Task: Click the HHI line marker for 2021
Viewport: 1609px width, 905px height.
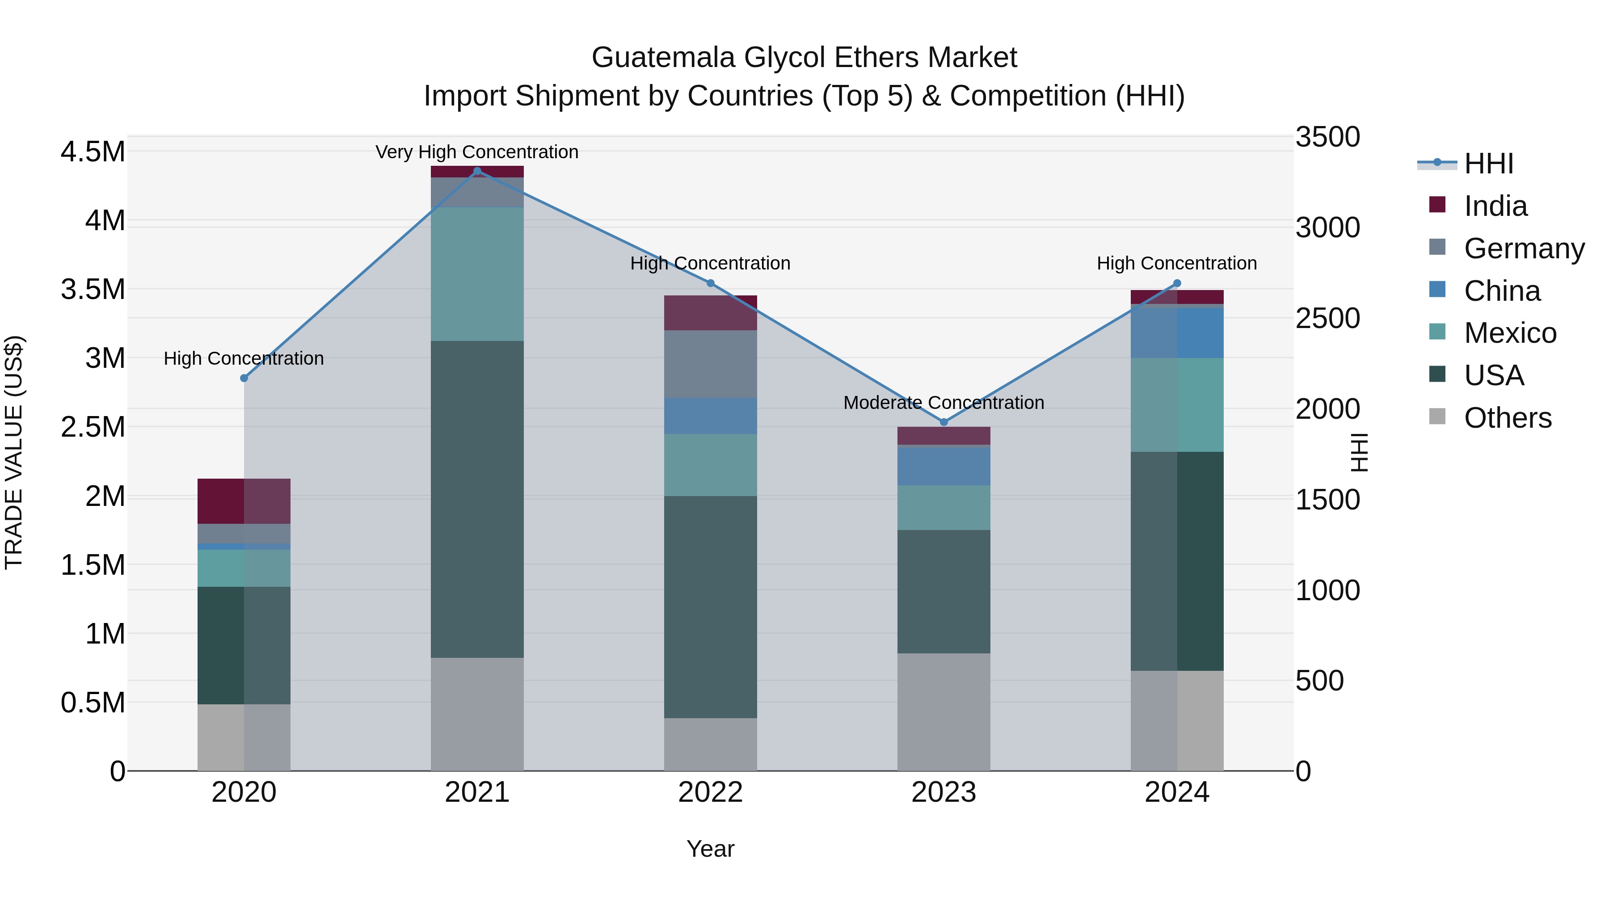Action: [x=477, y=171]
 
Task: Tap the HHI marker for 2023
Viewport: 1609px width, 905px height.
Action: [x=944, y=422]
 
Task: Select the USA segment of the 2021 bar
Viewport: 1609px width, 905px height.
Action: [x=477, y=499]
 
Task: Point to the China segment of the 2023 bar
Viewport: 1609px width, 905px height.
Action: [x=944, y=466]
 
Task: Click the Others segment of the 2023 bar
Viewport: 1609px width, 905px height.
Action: [x=944, y=712]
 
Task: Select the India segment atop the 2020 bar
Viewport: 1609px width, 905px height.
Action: [x=244, y=501]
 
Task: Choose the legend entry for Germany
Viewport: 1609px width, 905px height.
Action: [x=1524, y=248]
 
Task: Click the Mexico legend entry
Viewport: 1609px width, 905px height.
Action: [x=1510, y=333]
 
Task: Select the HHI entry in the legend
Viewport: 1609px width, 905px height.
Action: [x=1488, y=164]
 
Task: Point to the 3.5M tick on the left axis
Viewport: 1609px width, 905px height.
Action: [x=93, y=290]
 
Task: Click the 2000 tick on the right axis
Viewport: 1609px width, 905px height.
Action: [x=1327, y=409]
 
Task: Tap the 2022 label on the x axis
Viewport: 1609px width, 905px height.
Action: [x=710, y=792]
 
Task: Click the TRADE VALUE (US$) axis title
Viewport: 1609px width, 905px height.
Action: [x=14, y=452]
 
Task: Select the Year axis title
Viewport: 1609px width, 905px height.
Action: [x=710, y=849]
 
